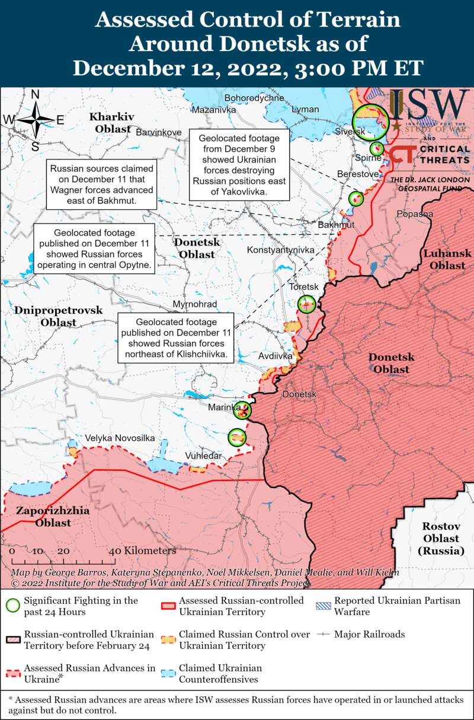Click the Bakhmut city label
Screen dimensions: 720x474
pos(336,225)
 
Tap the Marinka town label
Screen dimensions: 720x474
pos(223,407)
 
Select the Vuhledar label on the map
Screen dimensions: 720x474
pos(203,455)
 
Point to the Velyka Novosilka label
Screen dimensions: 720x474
pos(120,438)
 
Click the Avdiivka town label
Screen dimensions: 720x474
pos(276,356)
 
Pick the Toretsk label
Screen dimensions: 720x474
pos(303,286)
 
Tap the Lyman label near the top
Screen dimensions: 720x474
pos(306,109)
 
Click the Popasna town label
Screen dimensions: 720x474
pos(415,214)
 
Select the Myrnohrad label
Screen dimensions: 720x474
pos(194,304)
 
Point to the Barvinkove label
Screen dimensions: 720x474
pos(159,132)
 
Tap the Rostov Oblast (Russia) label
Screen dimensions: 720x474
pos(441,538)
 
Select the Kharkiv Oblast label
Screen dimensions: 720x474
pos(111,122)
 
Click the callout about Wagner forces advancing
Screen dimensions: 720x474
pos(101,184)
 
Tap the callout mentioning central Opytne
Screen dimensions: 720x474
pos(94,249)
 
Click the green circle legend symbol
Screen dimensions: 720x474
pos(13,606)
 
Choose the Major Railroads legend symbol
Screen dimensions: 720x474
pos(323,635)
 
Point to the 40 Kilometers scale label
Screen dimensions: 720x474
pos(142,550)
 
